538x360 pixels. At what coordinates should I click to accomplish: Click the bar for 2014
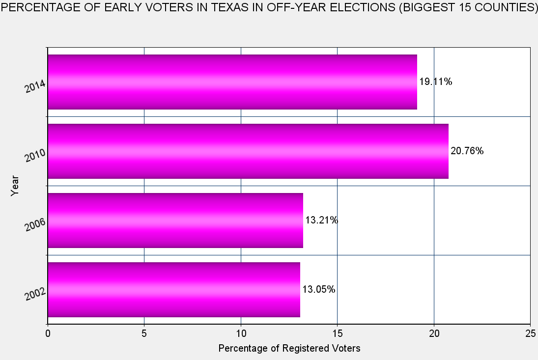[x=232, y=82]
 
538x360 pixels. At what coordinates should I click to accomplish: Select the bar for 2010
[x=248, y=151]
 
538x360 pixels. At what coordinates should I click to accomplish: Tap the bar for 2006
[x=175, y=221]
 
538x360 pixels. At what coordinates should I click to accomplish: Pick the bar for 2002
[x=173, y=290]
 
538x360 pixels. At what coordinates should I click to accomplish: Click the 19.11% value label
[x=435, y=82]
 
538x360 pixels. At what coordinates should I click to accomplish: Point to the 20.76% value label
[x=467, y=151]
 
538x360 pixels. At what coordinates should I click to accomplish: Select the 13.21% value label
[x=321, y=221]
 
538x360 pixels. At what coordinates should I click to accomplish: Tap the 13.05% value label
[x=318, y=290]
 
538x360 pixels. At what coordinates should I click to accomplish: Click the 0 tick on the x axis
[x=48, y=333]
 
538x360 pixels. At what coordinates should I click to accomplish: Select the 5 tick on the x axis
[x=144, y=333]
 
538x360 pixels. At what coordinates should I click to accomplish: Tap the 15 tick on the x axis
[x=337, y=333]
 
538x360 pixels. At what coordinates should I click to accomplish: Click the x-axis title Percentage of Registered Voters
[x=289, y=349]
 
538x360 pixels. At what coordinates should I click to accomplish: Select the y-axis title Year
[x=15, y=186]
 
